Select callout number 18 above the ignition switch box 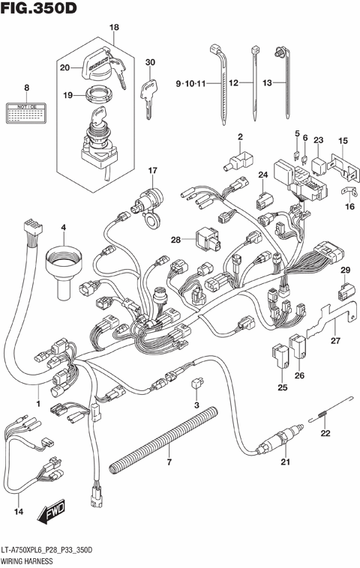114,28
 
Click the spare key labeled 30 149,96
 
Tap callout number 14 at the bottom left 19,512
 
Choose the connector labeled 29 343,288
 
